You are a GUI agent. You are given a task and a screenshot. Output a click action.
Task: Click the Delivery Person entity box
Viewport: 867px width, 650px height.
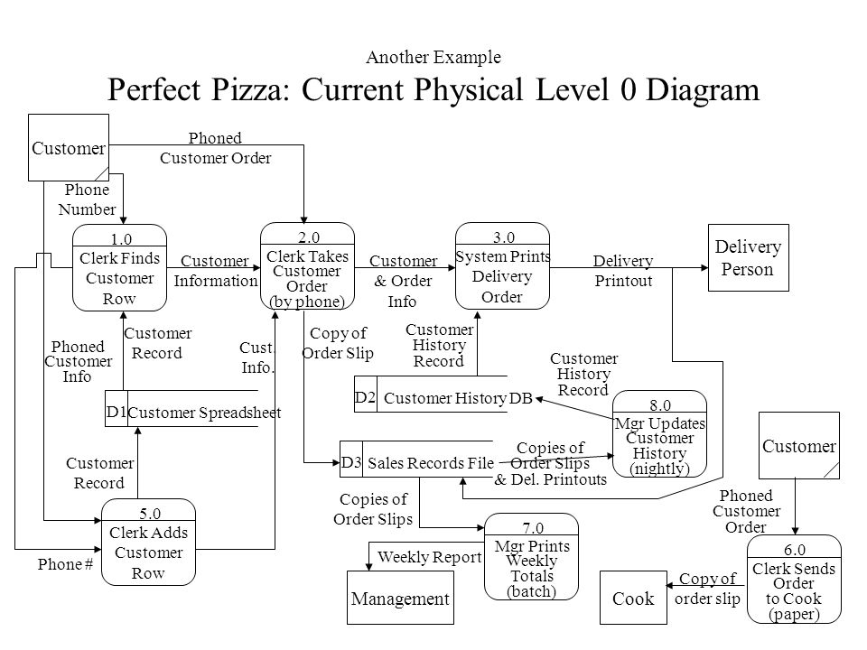[748, 257]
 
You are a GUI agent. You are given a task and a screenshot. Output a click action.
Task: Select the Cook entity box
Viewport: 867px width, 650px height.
[633, 598]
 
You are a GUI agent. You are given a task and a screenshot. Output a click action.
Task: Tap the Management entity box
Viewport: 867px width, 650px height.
[400, 598]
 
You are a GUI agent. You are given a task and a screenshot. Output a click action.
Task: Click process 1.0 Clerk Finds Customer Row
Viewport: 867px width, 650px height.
[119, 267]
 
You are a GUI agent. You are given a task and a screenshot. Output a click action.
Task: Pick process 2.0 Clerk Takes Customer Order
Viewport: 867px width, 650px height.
[307, 265]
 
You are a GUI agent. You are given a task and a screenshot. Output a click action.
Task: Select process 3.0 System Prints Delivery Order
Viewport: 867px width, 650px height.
[502, 265]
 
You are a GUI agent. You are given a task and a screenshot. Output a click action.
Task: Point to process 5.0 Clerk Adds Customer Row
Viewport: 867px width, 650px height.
[148, 543]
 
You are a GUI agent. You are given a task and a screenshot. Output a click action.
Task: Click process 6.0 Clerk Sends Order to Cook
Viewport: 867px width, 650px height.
[794, 580]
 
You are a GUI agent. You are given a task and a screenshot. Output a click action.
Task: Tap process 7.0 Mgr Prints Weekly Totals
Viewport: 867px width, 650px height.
[531, 557]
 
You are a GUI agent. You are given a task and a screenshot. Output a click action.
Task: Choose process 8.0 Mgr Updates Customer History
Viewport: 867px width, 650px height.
[659, 434]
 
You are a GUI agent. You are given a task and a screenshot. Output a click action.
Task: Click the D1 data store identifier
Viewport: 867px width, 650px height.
[117, 412]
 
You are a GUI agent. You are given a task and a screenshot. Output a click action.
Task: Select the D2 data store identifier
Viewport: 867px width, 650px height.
[365, 397]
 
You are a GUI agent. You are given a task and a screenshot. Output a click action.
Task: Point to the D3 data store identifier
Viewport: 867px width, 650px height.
[351, 462]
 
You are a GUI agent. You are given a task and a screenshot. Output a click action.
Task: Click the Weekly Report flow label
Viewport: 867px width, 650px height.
[430, 557]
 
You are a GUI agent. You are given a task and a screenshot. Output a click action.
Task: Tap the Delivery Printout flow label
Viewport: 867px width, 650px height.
[623, 270]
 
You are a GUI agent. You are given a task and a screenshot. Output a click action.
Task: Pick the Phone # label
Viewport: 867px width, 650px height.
[65, 564]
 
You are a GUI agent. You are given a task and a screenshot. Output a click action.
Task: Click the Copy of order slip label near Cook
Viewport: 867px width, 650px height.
[707, 589]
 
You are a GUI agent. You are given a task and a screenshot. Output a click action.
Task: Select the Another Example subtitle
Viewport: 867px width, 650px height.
[433, 57]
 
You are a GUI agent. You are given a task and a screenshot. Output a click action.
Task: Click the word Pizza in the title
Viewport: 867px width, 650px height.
[247, 89]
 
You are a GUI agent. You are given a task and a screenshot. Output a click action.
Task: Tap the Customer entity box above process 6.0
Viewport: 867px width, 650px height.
[799, 445]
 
